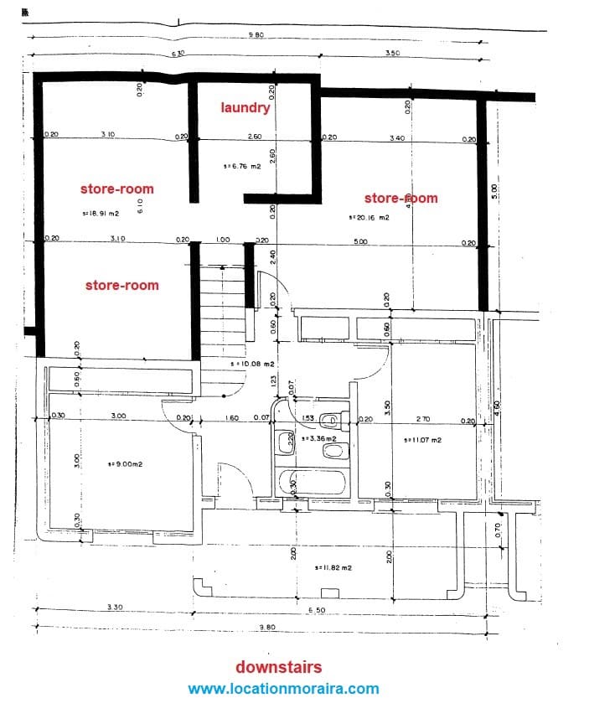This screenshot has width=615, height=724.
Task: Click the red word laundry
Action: click(x=245, y=108)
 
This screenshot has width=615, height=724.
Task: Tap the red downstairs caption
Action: click(x=278, y=667)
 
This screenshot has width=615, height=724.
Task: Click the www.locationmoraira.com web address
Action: click(x=283, y=689)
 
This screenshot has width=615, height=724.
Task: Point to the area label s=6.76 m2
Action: click(x=242, y=166)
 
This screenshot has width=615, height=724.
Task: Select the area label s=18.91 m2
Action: click(x=101, y=213)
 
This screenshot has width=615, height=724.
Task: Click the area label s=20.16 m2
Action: click(x=369, y=217)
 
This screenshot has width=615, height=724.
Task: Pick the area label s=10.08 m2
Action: click(x=252, y=364)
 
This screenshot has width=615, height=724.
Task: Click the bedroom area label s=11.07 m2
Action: click(x=422, y=440)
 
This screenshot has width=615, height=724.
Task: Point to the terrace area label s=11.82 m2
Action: click(x=333, y=567)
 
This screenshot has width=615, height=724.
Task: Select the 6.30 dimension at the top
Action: click(x=178, y=54)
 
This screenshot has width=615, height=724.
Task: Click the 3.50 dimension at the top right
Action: click(x=392, y=53)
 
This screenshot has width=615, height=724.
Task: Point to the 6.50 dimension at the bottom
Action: click(x=317, y=610)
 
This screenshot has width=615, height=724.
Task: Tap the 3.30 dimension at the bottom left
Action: click(x=116, y=607)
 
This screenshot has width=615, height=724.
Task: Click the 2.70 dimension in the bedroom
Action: click(x=423, y=418)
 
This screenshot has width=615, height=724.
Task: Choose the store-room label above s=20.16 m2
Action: click(x=401, y=199)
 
